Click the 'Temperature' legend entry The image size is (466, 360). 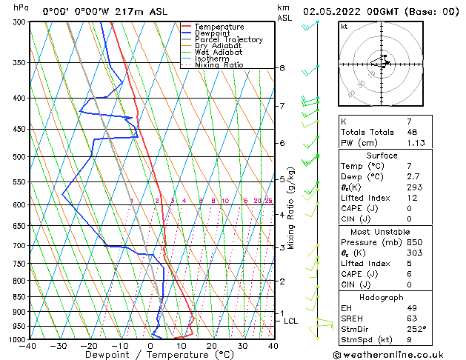point(220,27)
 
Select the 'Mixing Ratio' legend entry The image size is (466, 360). point(219,65)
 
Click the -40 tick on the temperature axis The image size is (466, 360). point(29,346)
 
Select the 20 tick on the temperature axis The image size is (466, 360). point(211,346)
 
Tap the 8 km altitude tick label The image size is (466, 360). point(282,68)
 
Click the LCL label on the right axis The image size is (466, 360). point(290,321)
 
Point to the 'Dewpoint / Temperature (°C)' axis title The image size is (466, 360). point(150,355)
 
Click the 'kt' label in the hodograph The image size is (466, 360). point(344,26)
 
